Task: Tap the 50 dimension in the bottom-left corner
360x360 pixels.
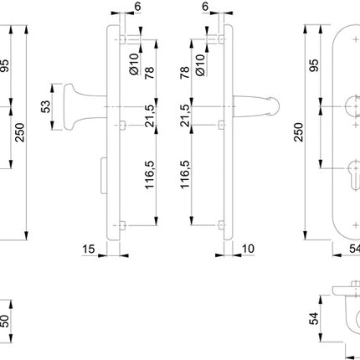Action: click(x=7, y=321)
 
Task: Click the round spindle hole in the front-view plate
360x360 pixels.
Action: click(x=350, y=109)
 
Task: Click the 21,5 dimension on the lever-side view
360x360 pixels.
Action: click(x=184, y=116)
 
